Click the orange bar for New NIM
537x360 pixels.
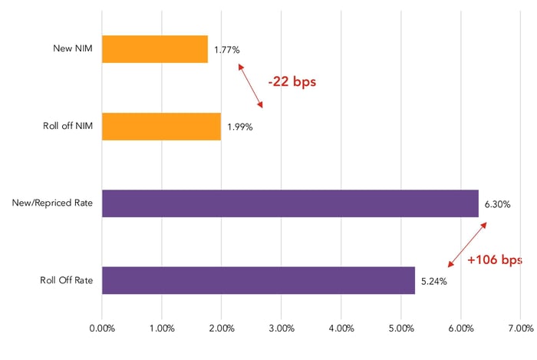point(154,49)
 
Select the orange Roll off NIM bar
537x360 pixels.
point(161,127)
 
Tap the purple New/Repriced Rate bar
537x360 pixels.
point(290,203)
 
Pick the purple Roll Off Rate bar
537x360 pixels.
point(258,280)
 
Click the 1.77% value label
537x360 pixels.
point(227,50)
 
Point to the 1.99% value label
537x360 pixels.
point(239,127)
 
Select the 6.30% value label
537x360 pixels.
point(497,204)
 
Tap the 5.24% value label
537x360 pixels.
point(433,281)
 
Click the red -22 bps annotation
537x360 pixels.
point(292,81)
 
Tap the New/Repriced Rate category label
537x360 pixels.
point(53,203)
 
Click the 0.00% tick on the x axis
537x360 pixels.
point(102,329)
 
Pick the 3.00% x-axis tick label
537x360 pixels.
point(281,329)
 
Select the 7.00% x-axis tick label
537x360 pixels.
point(519,329)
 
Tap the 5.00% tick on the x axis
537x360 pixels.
point(400,329)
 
